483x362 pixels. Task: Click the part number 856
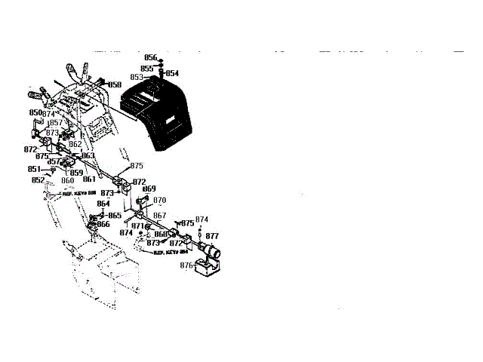(x=150, y=58)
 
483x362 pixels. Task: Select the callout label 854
(x=173, y=73)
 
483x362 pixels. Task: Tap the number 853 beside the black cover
(x=137, y=77)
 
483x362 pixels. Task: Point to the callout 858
(x=114, y=84)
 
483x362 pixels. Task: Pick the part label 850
(x=35, y=112)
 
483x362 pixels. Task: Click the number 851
(x=34, y=169)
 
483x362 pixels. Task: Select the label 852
(x=38, y=179)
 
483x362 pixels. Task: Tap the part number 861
(x=89, y=179)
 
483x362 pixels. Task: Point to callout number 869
(x=149, y=189)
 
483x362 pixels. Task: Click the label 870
(x=160, y=201)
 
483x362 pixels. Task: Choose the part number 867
(x=159, y=216)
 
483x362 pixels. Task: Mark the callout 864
(x=103, y=204)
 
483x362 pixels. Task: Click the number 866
(x=103, y=224)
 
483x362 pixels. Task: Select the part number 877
(x=212, y=236)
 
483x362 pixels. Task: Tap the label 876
(x=186, y=265)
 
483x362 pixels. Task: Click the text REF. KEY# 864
(x=171, y=253)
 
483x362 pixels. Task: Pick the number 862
(x=75, y=144)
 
